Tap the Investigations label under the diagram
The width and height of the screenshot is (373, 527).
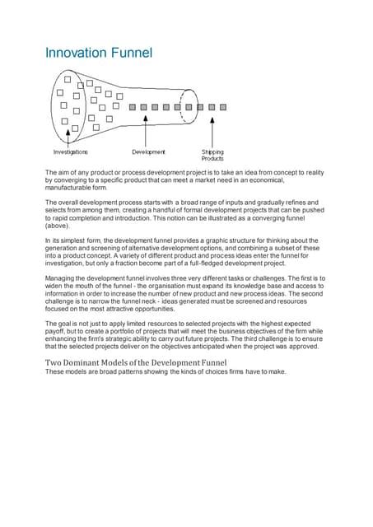tap(72, 152)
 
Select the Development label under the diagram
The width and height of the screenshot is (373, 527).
tap(148, 152)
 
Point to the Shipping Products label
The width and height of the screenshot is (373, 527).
tap(212, 155)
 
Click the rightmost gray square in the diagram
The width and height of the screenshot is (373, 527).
tap(212, 107)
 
